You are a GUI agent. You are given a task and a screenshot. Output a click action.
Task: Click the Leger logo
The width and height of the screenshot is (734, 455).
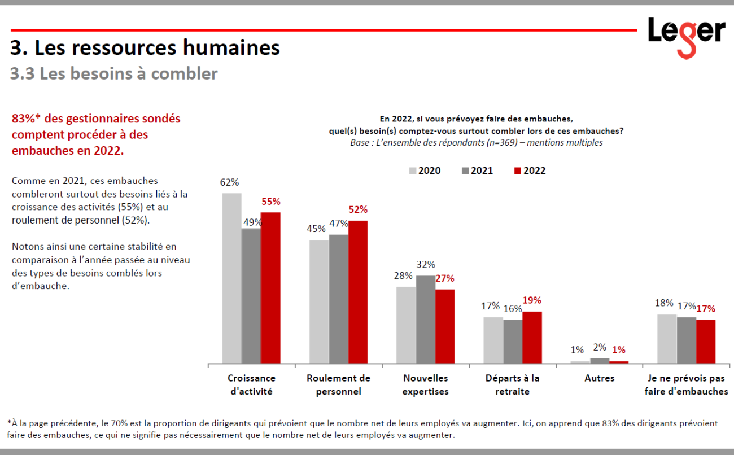point(685,36)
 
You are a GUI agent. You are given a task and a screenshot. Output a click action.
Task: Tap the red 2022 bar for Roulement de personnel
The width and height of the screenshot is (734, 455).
point(358,291)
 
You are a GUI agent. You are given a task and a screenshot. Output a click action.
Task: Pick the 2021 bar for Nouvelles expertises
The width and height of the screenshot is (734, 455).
point(426,319)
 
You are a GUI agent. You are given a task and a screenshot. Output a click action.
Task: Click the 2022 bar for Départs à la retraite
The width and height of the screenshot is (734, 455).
point(532,337)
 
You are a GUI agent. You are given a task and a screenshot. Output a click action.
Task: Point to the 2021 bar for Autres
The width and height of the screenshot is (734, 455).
point(600,360)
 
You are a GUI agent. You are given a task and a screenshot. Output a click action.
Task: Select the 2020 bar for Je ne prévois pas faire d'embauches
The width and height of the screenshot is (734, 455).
point(667,338)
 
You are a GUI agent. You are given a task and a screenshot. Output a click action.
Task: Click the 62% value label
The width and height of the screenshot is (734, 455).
point(230,182)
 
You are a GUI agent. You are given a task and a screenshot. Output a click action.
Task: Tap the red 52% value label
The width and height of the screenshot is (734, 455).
point(358,209)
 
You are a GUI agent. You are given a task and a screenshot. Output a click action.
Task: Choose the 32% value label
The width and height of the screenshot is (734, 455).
point(426,264)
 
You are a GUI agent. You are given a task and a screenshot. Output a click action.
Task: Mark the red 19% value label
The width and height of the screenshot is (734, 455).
point(532,300)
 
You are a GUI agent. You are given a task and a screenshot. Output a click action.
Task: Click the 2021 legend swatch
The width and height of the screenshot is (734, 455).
point(466,170)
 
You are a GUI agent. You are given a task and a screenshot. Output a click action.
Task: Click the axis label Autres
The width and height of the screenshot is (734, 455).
point(599,378)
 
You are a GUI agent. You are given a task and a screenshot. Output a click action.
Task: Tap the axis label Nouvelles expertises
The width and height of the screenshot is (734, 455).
point(425,384)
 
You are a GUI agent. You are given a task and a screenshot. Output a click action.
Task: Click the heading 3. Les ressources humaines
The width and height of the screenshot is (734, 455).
point(145,48)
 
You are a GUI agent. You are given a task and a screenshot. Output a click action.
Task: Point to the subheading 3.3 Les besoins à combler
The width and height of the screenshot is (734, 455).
point(113,73)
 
